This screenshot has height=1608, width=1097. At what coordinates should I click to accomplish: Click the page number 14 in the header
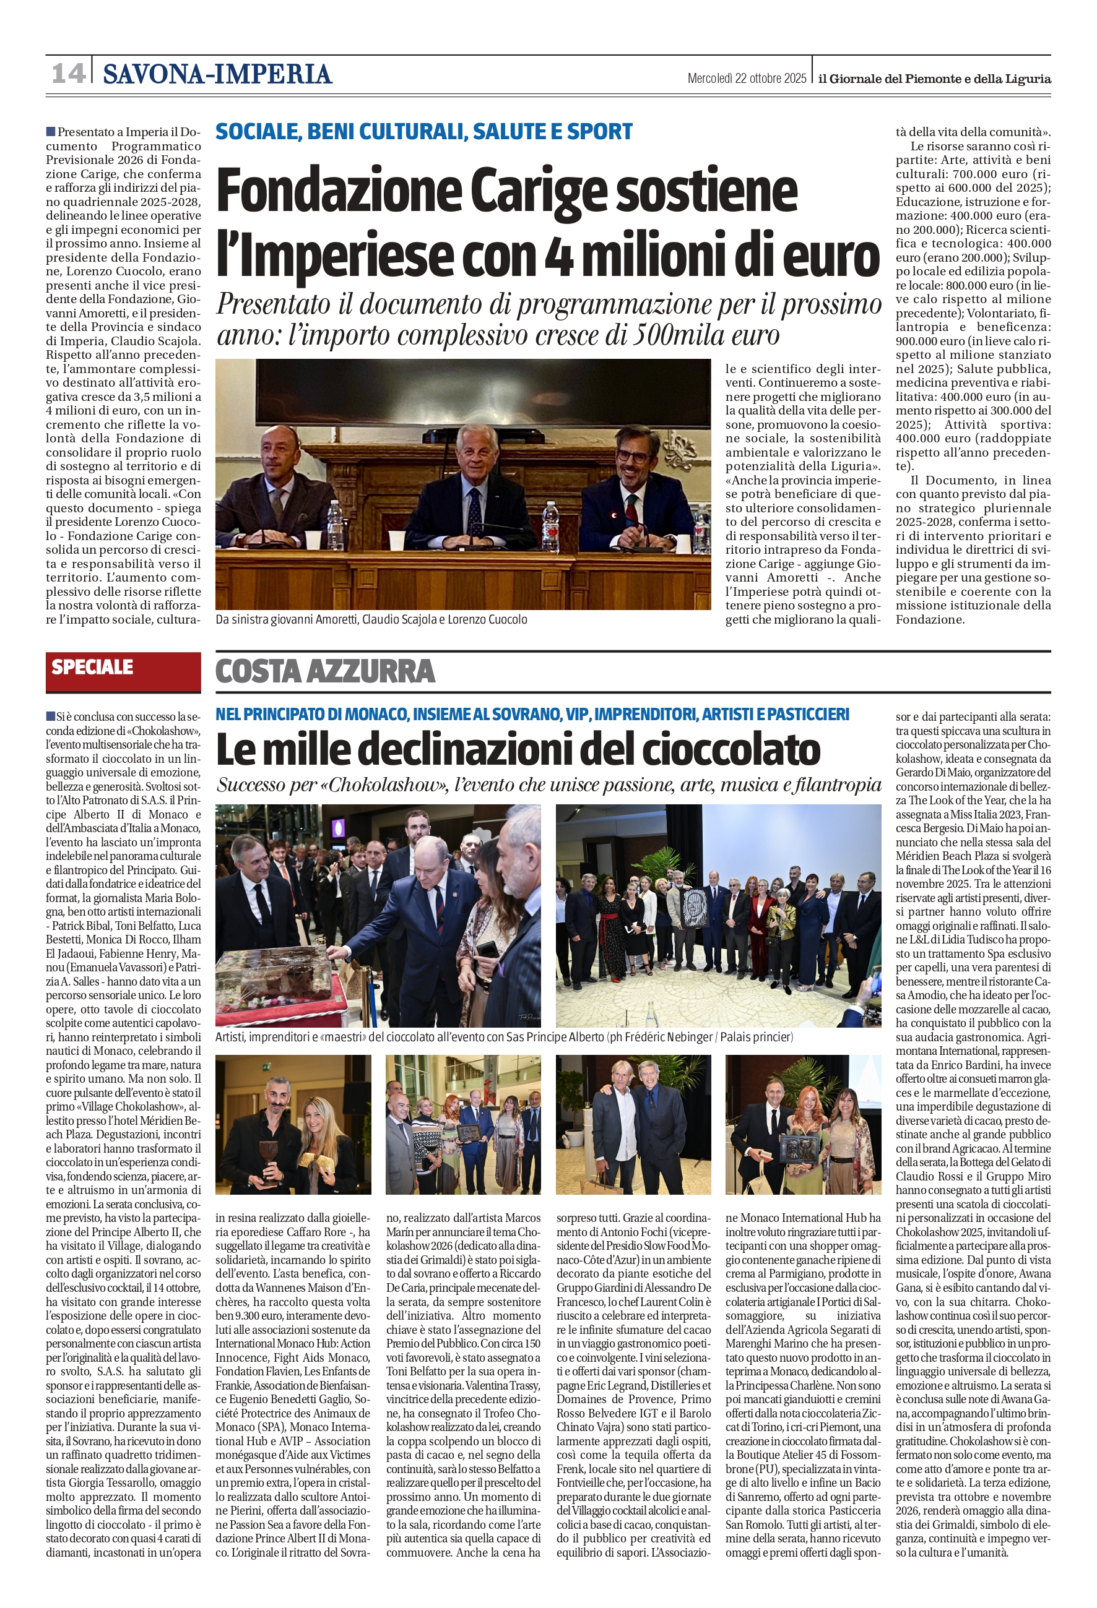(x=69, y=74)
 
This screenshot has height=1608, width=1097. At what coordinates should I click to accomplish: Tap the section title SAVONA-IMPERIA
(x=217, y=74)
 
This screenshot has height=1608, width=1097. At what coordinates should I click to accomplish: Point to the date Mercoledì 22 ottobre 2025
(x=746, y=78)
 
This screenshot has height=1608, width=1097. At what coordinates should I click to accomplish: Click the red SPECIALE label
(x=92, y=667)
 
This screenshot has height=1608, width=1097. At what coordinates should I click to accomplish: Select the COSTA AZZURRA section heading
(x=325, y=671)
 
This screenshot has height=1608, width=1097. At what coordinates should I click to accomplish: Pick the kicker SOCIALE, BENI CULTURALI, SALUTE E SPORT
(x=423, y=131)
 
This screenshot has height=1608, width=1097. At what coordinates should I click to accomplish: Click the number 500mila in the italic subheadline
(x=674, y=335)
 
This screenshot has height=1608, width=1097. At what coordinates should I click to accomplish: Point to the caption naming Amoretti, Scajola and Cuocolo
(x=371, y=619)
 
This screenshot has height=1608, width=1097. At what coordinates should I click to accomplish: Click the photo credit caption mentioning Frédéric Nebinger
(x=504, y=1037)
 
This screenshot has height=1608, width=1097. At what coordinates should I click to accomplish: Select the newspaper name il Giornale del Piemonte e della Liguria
(x=934, y=79)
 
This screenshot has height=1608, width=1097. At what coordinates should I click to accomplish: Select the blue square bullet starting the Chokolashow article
(x=51, y=715)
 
